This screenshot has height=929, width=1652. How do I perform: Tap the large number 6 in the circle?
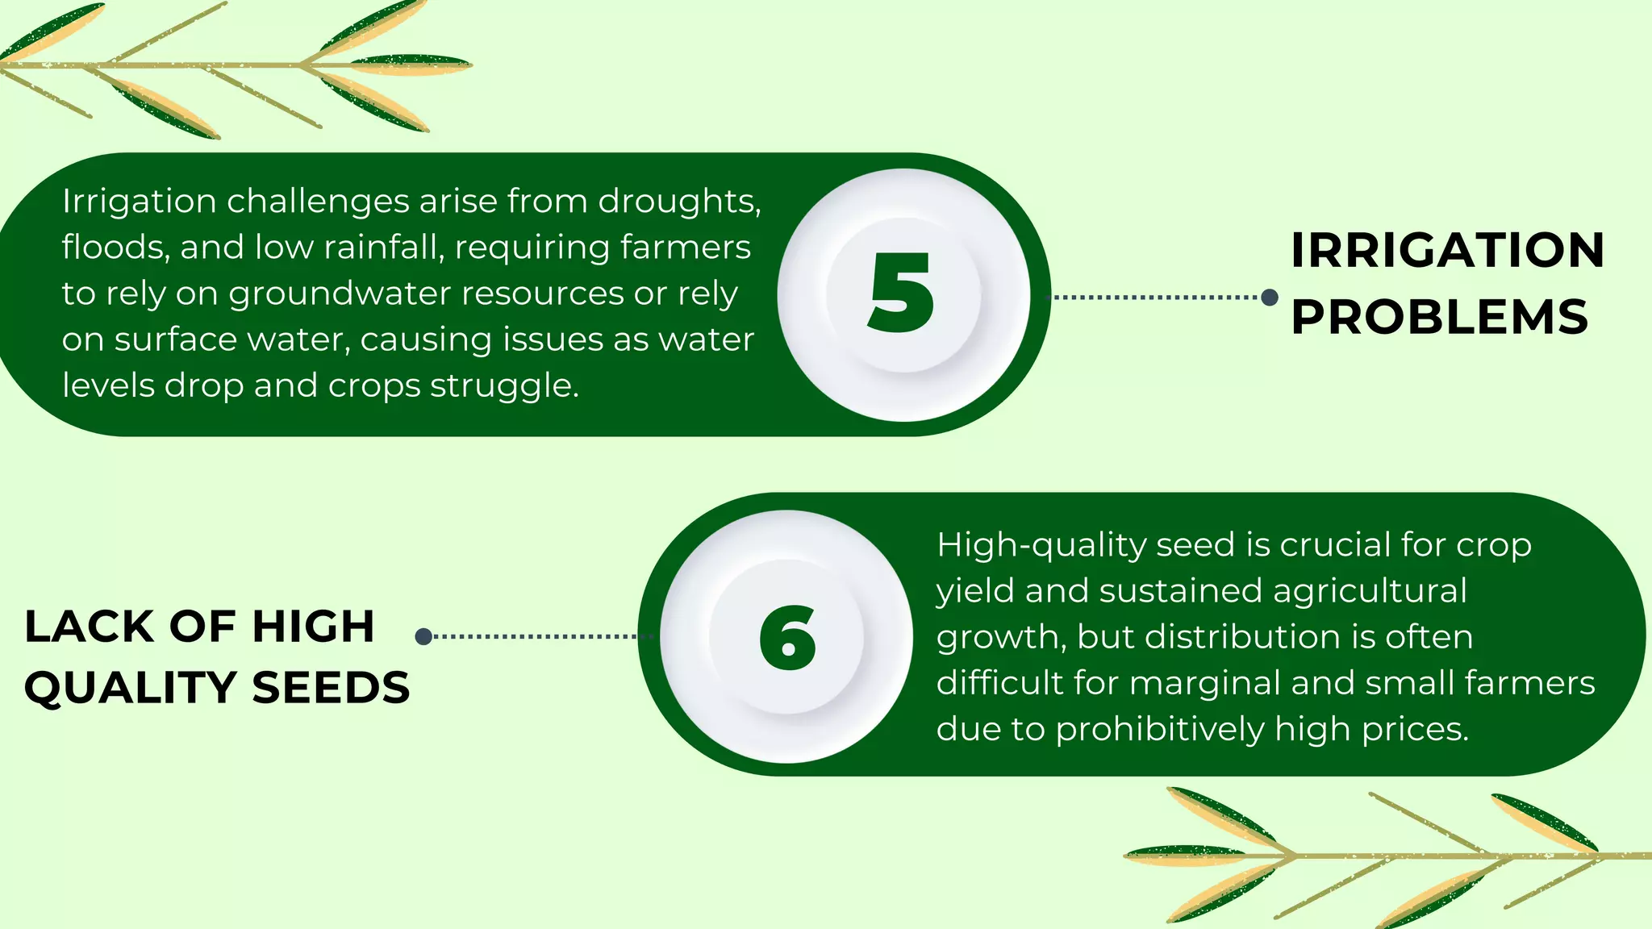click(788, 637)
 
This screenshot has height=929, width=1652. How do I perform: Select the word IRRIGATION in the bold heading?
click(1447, 251)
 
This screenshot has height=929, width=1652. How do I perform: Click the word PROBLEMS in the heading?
click(1439, 317)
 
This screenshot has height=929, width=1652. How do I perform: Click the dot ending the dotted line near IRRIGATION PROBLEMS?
click(1269, 298)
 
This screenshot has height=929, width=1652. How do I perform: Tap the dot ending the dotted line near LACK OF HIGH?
click(423, 636)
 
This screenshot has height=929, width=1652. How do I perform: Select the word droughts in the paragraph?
click(679, 202)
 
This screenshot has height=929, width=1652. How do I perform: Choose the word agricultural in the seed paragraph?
click(1370, 591)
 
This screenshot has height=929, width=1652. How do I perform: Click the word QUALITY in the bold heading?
click(131, 688)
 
